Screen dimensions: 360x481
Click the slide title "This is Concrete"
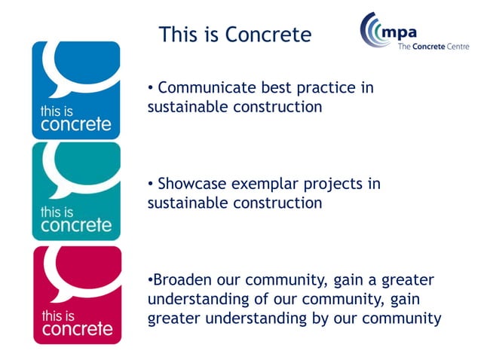click(x=235, y=35)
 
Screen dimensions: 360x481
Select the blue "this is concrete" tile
click(x=76, y=90)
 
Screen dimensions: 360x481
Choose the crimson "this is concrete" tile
click(x=76, y=294)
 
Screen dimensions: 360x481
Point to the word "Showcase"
click(x=188, y=185)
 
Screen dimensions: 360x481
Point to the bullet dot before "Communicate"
click(x=151, y=88)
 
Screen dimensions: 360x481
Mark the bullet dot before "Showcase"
click(x=151, y=185)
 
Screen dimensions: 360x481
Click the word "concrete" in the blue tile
click(x=76, y=124)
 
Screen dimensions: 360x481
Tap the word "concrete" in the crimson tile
click(x=76, y=329)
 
